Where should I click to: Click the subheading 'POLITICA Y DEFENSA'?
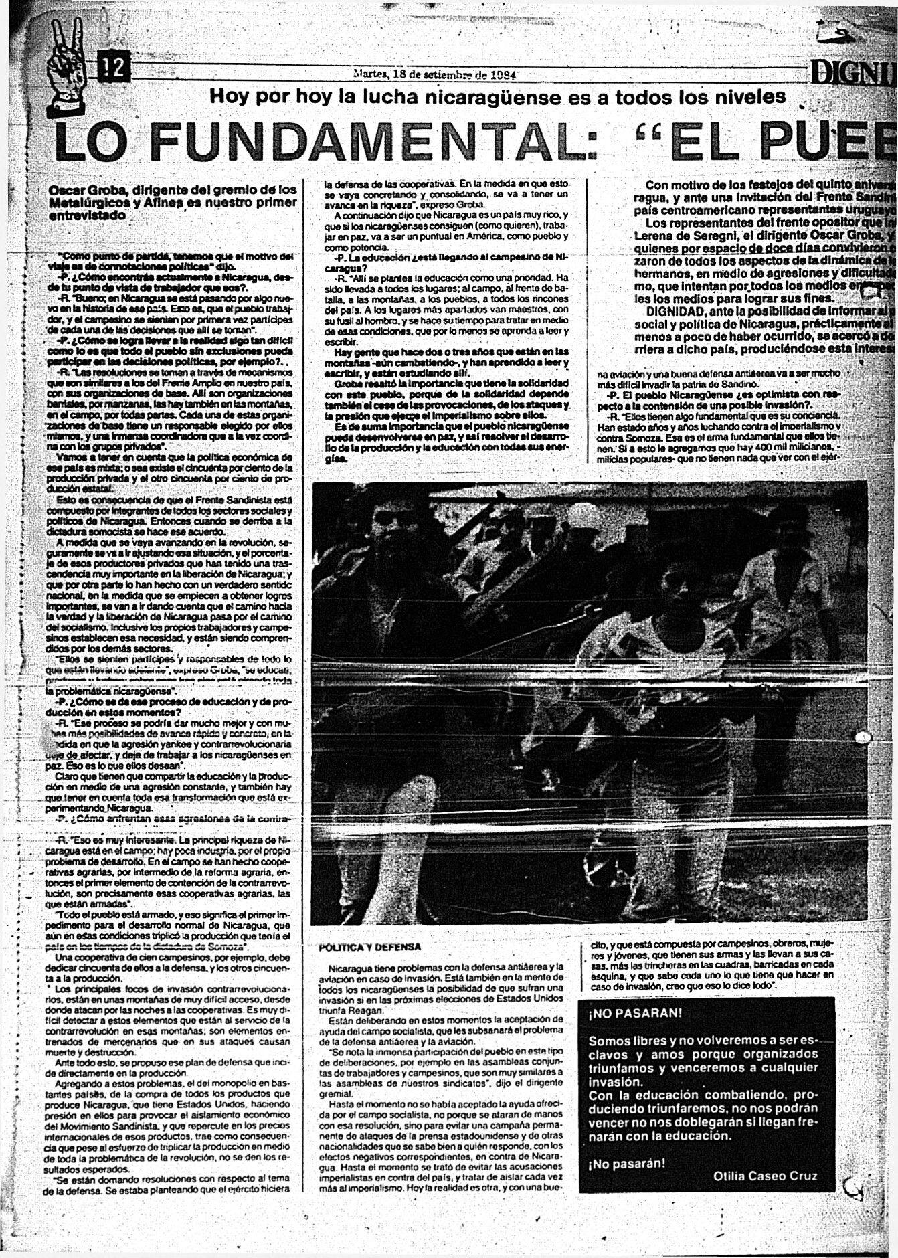pos(370,947)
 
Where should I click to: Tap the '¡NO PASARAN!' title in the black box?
pos(635,1013)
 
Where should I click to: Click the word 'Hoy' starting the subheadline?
pos(229,98)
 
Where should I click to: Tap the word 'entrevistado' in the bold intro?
pos(87,216)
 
